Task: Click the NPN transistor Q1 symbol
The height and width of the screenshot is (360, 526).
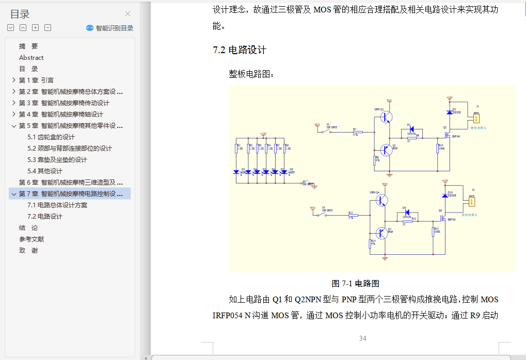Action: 386,117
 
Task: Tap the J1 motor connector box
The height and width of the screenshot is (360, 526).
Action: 476,118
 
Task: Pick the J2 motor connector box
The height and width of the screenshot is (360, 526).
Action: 471,202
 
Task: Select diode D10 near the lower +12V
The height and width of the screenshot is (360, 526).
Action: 444,195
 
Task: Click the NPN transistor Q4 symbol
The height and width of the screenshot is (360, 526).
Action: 382,200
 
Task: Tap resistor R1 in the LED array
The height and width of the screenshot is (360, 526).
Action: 236,149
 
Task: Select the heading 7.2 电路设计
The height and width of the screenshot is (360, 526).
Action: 240,50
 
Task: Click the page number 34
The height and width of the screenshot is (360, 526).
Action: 362,338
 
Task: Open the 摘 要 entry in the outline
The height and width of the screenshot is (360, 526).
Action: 28,46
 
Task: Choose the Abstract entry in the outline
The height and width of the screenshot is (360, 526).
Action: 31,57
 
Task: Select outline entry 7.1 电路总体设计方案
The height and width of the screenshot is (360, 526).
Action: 57,205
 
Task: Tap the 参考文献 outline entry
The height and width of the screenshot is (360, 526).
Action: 31,239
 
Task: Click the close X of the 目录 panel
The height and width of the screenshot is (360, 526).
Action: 128,14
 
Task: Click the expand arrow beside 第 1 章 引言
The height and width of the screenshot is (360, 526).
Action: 13,80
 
